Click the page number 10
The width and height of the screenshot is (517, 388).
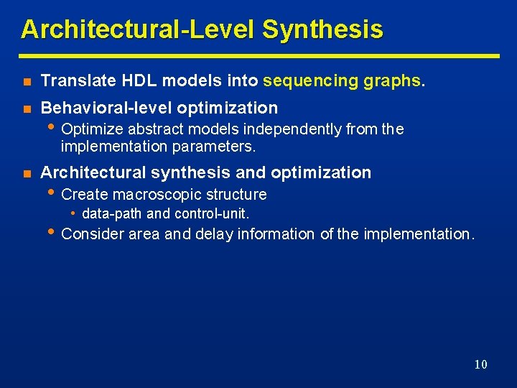point(480,364)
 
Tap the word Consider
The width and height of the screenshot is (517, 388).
point(93,234)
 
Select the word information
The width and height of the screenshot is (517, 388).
point(276,234)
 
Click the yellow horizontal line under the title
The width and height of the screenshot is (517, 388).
point(258,55)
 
